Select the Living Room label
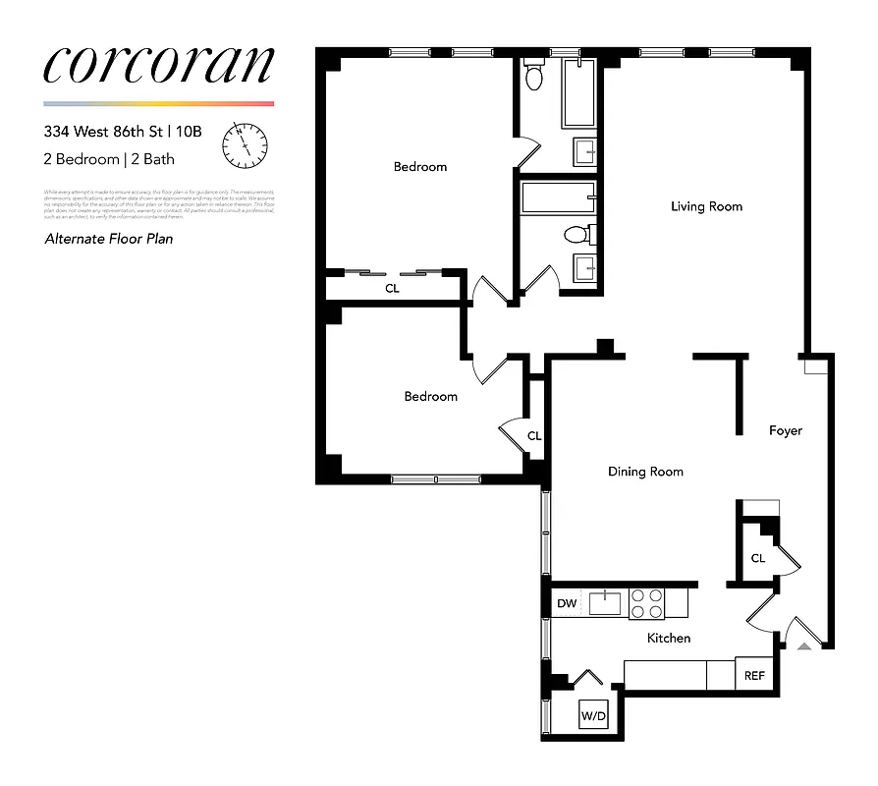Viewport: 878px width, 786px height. [x=706, y=206]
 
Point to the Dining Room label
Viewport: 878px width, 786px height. [x=645, y=472]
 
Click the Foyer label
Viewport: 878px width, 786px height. [x=785, y=430]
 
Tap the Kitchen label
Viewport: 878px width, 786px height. [x=668, y=638]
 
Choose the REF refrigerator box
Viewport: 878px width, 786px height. [x=753, y=675]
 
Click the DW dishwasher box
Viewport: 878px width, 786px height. [x=567, y=603]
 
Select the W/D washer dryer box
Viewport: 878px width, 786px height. [x=593, y=716]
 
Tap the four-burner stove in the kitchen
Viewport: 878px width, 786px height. [x=645, y=602]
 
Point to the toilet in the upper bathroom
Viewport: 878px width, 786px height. [x=534, y=76]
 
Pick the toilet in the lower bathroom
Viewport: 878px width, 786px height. [x=576, y=235]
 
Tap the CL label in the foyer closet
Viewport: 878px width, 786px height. [x=757, y=558]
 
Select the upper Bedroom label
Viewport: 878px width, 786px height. [x=420, y=167]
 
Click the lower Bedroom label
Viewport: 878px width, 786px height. [x=431, y=396]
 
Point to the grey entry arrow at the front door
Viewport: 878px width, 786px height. [x=804, y=646]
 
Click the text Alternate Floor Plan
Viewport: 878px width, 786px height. [x=109, y=238]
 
